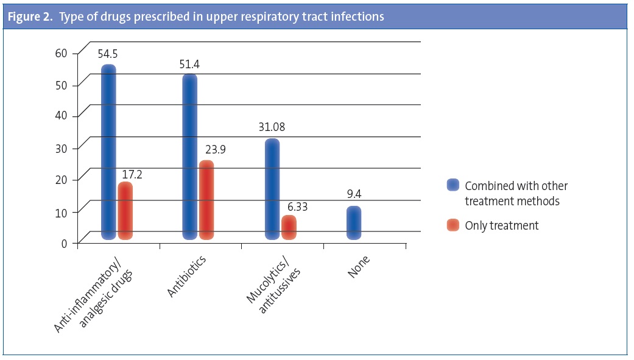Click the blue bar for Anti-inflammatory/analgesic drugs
[108, 152]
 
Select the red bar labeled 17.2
[125, 211]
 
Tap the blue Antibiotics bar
[190, 157]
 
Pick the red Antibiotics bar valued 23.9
[206, 200]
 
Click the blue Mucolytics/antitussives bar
[272, 189]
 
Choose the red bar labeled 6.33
[289, 227]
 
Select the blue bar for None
[354, 223]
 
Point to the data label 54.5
[108, 54]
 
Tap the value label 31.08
[271, 127]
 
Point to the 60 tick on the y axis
[61, 53]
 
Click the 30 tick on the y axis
[61, 148]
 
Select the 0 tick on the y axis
[65, 244]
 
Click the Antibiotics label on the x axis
[188, 277]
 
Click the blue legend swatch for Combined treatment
[453, 185]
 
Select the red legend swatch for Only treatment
[453, 225]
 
